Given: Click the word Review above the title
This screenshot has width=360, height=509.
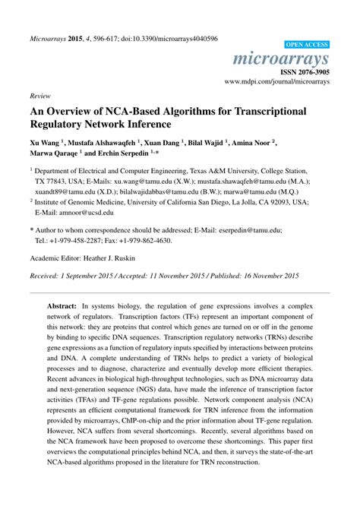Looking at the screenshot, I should coord(39,98).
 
